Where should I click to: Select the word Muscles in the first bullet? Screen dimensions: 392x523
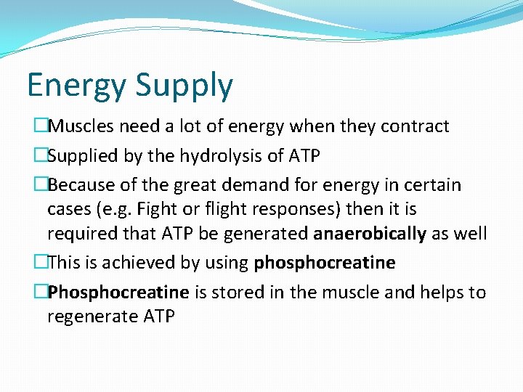[80, 126]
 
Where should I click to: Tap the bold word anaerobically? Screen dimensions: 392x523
[370, 234]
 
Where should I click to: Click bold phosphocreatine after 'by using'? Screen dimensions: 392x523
[325, 263]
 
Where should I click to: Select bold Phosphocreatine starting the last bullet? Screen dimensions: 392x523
[118, 293]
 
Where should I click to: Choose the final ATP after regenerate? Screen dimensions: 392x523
[158, 317]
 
